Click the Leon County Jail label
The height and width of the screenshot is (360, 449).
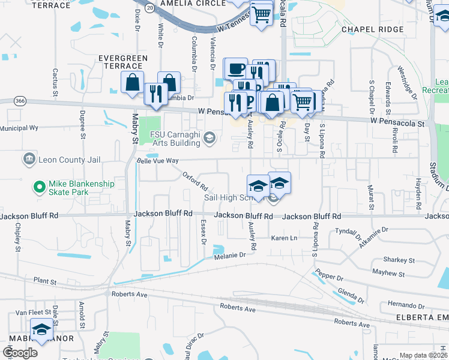point(70,160)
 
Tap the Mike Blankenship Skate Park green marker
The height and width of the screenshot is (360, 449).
point(40,187)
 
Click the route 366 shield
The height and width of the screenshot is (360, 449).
point(20,101)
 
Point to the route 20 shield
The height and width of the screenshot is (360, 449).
point(149,7)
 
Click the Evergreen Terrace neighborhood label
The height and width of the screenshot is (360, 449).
point(124,62)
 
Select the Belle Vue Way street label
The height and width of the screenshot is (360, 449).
point(158,161)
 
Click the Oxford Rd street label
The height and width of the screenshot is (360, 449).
point(195,178)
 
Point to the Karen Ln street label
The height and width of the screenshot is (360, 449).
point(284,238)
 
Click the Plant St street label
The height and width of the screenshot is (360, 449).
point(45,281)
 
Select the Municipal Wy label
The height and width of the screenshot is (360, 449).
point(19,128)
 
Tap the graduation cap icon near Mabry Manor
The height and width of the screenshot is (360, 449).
point(41,329)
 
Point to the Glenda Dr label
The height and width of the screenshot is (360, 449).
point(351,295)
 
